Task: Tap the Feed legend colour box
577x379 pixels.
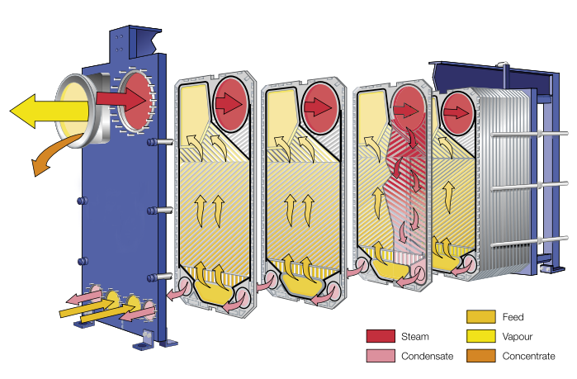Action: [x=480, y=317]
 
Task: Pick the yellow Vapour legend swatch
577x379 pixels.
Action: [x=480, y=337]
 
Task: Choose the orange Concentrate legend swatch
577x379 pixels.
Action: [x=480, y=356]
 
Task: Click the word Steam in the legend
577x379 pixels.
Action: [x=414, y=337]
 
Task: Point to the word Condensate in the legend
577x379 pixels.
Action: [x=426, y=356]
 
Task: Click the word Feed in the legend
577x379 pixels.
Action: [x=513, y=317]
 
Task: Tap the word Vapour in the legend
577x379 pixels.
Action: [x=518, y=337]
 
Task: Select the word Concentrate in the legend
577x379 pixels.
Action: [x=528, y=356]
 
